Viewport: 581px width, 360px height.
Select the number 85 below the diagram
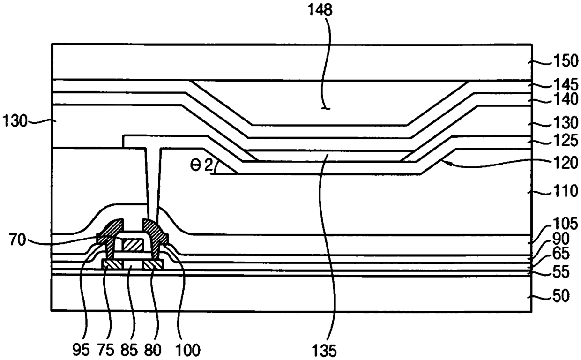pyautogui.click(x=133, y=349)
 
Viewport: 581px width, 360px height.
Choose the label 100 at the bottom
pyautogui.click(x=187, y=349)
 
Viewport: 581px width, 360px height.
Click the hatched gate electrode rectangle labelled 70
pyautogui.click(x=132, y=244)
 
